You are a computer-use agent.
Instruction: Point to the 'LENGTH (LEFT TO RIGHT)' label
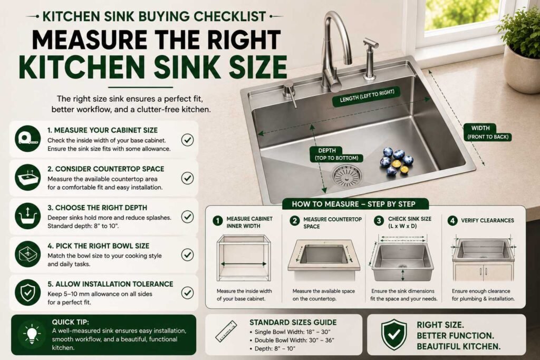[367, 96]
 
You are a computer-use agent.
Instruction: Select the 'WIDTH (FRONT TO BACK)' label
[487, 132]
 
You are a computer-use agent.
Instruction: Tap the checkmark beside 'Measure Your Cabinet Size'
[187, 140]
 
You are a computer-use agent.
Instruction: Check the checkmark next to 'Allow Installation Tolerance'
[187, 293]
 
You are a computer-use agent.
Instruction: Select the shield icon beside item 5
[28, 293]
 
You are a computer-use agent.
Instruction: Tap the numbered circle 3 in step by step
[379, 221]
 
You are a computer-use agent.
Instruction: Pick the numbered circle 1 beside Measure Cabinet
[217, 221]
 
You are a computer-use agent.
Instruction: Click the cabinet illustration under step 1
[244, 258]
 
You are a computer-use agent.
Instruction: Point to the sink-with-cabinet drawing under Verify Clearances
[483, 258]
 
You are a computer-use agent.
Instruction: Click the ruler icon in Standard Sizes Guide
[226, 330]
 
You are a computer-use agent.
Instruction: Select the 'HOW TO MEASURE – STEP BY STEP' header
[354, 204]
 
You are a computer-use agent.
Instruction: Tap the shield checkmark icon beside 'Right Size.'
[394, 334]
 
